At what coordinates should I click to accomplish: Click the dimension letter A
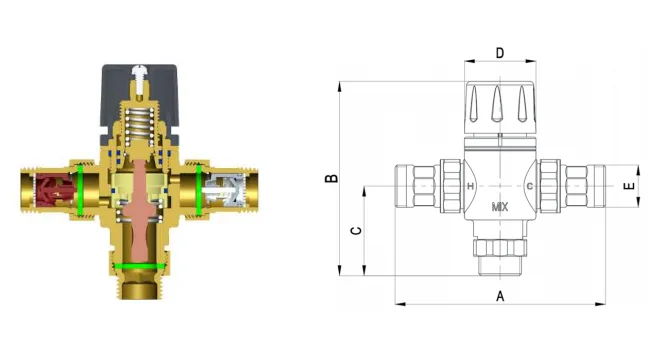pos(500,296)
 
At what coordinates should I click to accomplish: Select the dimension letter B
pos(331,178)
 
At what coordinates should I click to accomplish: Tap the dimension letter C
pos(356,231)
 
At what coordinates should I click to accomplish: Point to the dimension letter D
pos(500,53)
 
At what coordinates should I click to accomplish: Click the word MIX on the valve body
pos(500,207)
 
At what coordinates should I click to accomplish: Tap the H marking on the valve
pos(470,186)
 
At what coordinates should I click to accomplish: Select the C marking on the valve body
pos(530,186)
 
